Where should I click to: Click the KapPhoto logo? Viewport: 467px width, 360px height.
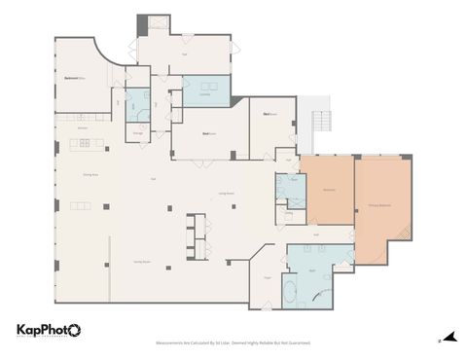click(x=48, y=331)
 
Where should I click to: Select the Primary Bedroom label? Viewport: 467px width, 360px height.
click(x=380, y=206)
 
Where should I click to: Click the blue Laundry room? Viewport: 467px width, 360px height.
click(x=205, y=91)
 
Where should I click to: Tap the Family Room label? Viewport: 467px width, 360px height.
click(x=140, y=262)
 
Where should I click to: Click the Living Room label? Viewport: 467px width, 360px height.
click(x=225, y=195)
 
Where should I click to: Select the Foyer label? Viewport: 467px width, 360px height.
click(x=267, y=277)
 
